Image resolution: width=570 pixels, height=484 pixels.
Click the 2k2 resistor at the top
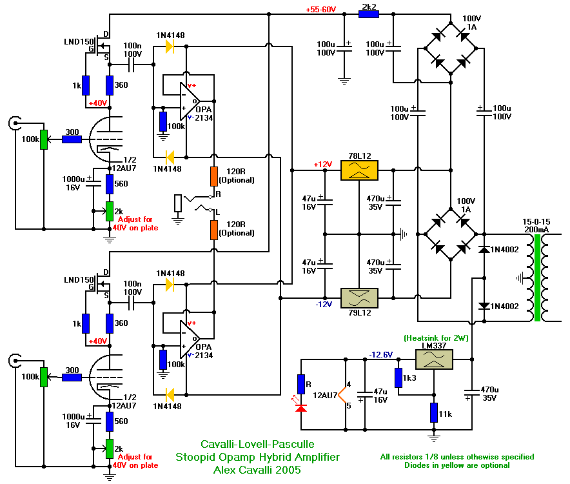point(369,14)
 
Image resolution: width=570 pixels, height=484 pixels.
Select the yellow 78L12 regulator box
point(359,170)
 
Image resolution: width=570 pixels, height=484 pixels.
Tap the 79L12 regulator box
point(359,298)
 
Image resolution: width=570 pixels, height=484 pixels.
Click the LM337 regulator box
point(434,359)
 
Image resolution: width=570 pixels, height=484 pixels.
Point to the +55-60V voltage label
point(321,10)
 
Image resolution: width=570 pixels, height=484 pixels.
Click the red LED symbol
point(300,407)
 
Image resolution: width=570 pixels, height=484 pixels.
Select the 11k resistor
point(434,412)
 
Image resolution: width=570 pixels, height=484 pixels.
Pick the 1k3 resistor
point(398,378)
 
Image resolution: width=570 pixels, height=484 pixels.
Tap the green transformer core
point(537,278)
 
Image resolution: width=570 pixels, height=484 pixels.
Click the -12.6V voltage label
point(380,354)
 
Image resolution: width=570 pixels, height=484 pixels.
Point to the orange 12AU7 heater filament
point(342,394)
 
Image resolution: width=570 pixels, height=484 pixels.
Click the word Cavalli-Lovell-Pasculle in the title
point(257,444)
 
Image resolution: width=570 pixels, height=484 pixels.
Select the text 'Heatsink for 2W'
point(436,338)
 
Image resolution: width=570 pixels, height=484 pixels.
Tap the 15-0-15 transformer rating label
point(536,221)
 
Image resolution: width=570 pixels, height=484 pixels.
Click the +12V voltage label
point(323,165)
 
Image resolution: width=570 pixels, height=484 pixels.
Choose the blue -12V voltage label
point(324,304)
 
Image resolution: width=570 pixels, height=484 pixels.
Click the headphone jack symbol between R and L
point(178,203)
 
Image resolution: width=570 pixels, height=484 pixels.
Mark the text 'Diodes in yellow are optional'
point(457,465)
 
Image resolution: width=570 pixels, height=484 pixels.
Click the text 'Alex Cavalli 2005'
point(257,470)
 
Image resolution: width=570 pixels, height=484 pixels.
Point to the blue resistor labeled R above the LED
point(301,384)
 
